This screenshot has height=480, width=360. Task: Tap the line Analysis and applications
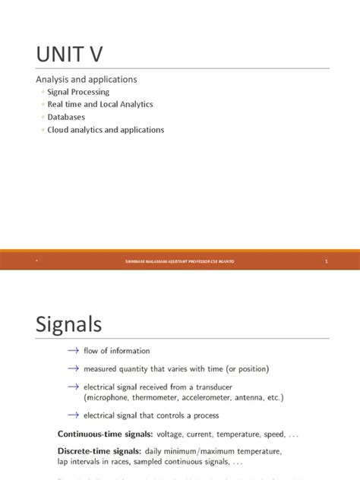87,79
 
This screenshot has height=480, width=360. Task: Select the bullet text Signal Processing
78,92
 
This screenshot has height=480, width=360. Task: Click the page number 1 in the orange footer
326,261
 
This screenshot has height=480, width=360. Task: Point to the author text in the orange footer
179,261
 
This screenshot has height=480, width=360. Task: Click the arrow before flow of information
73,351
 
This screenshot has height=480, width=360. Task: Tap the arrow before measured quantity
73,368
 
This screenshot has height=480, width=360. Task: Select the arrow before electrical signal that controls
73,415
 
